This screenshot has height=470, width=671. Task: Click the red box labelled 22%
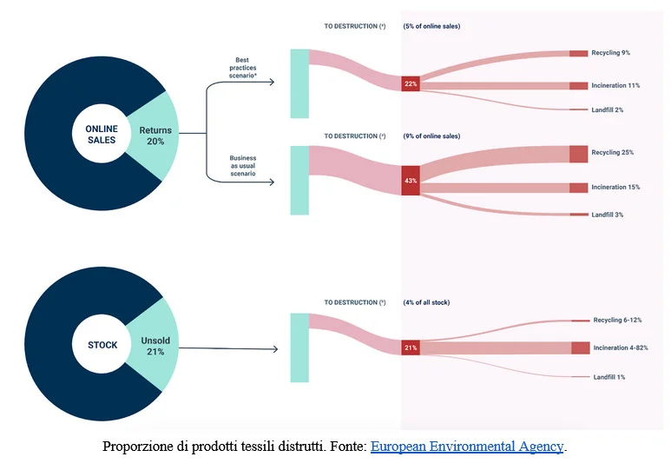(x=411, y=83)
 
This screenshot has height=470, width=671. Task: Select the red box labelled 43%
(x=411, y=181)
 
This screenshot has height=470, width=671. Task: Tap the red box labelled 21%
(x=411, y=348)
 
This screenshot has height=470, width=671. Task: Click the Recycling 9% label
(x=610, y=53)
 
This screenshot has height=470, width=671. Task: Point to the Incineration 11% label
(x=615, y=85)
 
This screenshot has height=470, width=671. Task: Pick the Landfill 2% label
(x=608, y=109)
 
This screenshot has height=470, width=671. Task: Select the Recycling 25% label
(x=612, y=152)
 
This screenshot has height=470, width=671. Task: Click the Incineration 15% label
(x=615, y=187)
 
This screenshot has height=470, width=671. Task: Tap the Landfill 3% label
(x=608, y=215)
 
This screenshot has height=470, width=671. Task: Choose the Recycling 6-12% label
(x=617, y=320)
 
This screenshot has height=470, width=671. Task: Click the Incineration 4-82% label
(x=621, y=348)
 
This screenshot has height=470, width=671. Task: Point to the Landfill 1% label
(x=609, y=377)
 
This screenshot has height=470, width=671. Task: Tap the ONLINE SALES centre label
(x=102, y=134)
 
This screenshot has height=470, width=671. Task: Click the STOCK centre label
(x=102, y=345)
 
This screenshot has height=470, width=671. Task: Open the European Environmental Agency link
(x=467, y=446)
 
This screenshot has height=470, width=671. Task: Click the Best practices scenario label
(x=243, y=68)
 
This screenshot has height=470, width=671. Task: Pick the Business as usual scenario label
(x=243, y=166)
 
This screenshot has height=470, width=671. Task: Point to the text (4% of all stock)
(x=426, y=302)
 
